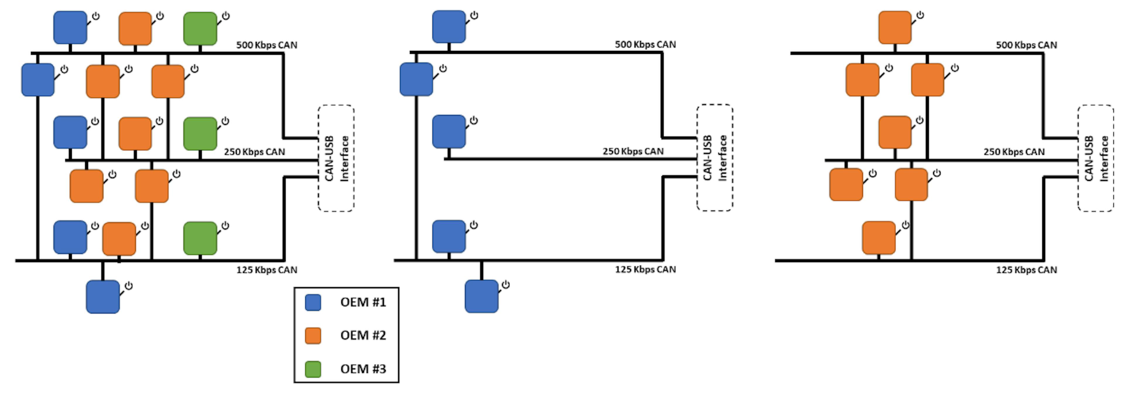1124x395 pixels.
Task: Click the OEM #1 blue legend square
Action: [313, 302]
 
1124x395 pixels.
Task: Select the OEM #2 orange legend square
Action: [313, 336]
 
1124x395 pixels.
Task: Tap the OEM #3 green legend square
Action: [313, 369]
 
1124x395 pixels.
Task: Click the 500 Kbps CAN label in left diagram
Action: [267, 45]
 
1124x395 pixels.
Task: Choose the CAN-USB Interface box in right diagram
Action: [1095, 158]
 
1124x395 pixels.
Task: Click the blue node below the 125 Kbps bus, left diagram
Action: [102, 296]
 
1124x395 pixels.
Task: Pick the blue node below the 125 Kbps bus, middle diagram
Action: [481, 296]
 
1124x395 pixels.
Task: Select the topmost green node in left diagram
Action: [200, 29]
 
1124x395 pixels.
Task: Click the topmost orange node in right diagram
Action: [895, 28]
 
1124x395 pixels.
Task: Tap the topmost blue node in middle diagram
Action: [448, 27]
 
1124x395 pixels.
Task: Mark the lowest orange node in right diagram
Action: [878, 238]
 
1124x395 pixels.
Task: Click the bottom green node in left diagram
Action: [200, 238]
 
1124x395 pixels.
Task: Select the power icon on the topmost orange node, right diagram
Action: [920, 15]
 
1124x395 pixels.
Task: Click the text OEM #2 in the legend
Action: [363, 335]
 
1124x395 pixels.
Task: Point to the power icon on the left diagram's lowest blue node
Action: [129, 286]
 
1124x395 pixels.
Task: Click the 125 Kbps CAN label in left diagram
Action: [267, 270]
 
